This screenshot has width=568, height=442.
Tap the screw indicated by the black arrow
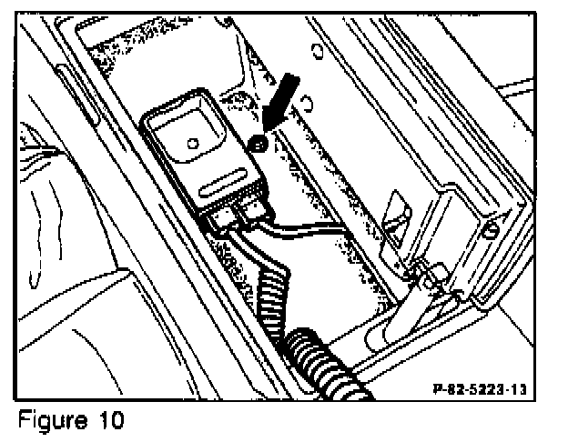tap(259, 143)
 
